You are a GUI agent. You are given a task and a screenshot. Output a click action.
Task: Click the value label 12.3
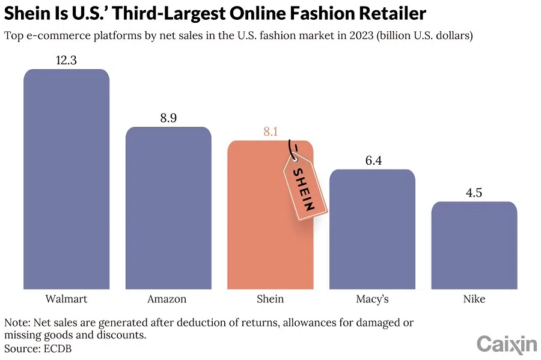click(x=66, y=60)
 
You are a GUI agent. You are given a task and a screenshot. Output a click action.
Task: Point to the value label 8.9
click(x=168, y=118)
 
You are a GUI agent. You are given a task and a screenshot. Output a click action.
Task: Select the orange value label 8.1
click(x=270, y=132)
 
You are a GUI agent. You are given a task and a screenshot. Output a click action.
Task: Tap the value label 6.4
click(x=372, y=160)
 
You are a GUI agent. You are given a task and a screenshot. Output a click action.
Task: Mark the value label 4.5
click(x=474, y=193)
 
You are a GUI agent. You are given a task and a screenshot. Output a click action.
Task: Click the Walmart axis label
click(x=66, y=299)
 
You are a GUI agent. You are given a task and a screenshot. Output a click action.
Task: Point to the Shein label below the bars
click(x=270, y=299)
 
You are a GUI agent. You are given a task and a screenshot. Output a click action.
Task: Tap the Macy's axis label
click(x=372, y=299)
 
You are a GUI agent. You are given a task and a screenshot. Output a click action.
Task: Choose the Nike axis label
click(x=474, y=299)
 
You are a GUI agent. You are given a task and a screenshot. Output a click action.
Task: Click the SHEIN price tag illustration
click(x=304, y=186)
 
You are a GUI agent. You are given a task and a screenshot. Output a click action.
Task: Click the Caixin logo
click(x=506, y=344)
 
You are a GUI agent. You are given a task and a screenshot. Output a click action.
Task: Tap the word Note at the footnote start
click(x=16, y=323)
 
